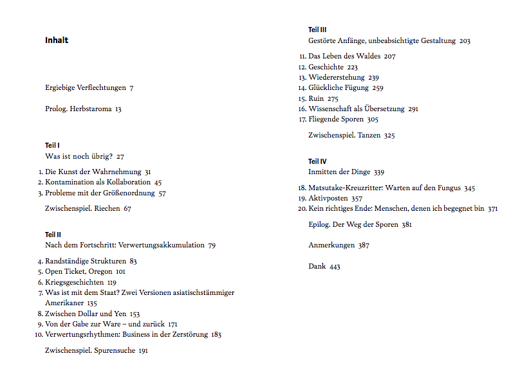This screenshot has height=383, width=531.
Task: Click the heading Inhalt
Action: pos(57,40)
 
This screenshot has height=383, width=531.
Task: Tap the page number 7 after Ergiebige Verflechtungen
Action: pos(132,88)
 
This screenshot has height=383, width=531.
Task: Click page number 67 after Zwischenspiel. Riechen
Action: pos(127,209)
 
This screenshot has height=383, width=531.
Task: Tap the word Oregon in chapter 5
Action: pos(100,272)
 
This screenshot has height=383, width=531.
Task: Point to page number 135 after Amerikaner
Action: pos(92,303)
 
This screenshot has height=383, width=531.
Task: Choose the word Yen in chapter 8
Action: pos(120,314)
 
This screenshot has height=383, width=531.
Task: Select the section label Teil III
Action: pos(318,30)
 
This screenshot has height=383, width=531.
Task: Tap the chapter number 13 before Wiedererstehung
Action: pos(302,78)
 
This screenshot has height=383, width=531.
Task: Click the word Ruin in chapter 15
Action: pos(316,99)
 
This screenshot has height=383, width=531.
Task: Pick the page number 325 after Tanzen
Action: pos(389,136)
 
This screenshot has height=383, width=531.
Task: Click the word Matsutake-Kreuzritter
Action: pos(346,188)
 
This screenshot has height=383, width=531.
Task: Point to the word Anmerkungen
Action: pos(331,245)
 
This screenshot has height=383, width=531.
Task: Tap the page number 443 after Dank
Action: pos(335,267)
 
